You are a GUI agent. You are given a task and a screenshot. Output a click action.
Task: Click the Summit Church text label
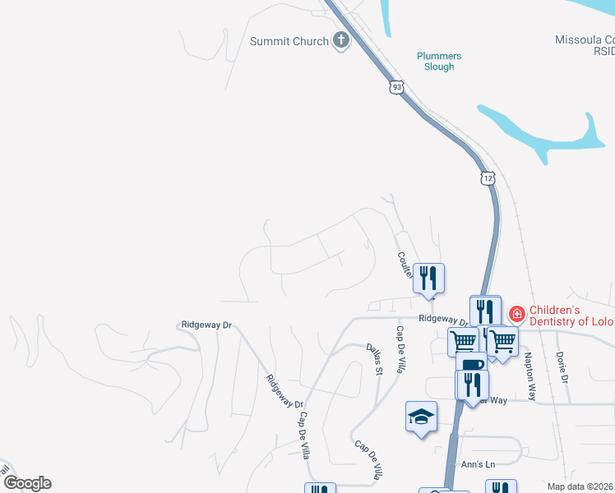[x=289, y=41]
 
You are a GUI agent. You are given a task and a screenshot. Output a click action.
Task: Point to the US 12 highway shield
[x=488, y=178]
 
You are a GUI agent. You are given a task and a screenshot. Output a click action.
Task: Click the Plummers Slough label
[x=439, y=62]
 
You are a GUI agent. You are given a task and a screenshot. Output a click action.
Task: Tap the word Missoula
[x=579, y=39]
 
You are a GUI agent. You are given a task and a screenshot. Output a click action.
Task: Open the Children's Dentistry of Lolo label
[x=567, y=316]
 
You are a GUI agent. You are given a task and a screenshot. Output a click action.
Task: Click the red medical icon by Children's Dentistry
[x=516, y=313]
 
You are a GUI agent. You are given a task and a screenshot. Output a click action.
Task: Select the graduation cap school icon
[x=420, y=416]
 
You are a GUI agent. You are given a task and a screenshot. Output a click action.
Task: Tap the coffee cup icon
[x=470, y=365]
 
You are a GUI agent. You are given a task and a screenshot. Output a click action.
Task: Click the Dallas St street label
[x=375, y=360]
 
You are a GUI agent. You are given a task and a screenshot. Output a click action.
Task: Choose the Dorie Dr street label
[x=562, y=366]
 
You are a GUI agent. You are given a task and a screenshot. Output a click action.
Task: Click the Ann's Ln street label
[x=479, y=465]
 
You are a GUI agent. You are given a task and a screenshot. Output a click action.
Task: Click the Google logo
[x=27, y=483]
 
